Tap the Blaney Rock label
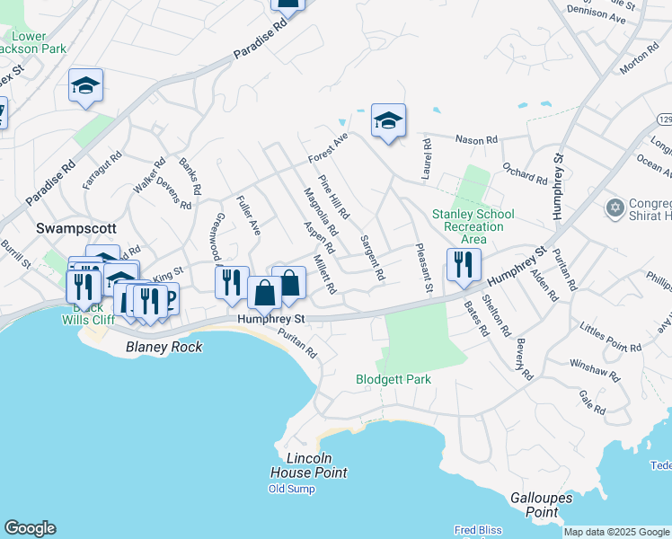(x=164, y=347)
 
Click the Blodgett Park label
(x=393, y=379)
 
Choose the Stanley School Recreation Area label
(x=473, y=226)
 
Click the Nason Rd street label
(x=476, y=140)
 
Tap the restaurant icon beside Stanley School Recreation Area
(x=464, y=264)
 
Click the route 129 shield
(x=663, y=119)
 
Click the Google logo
(x=30, y=528)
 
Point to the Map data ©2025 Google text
(x=616, y=532)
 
